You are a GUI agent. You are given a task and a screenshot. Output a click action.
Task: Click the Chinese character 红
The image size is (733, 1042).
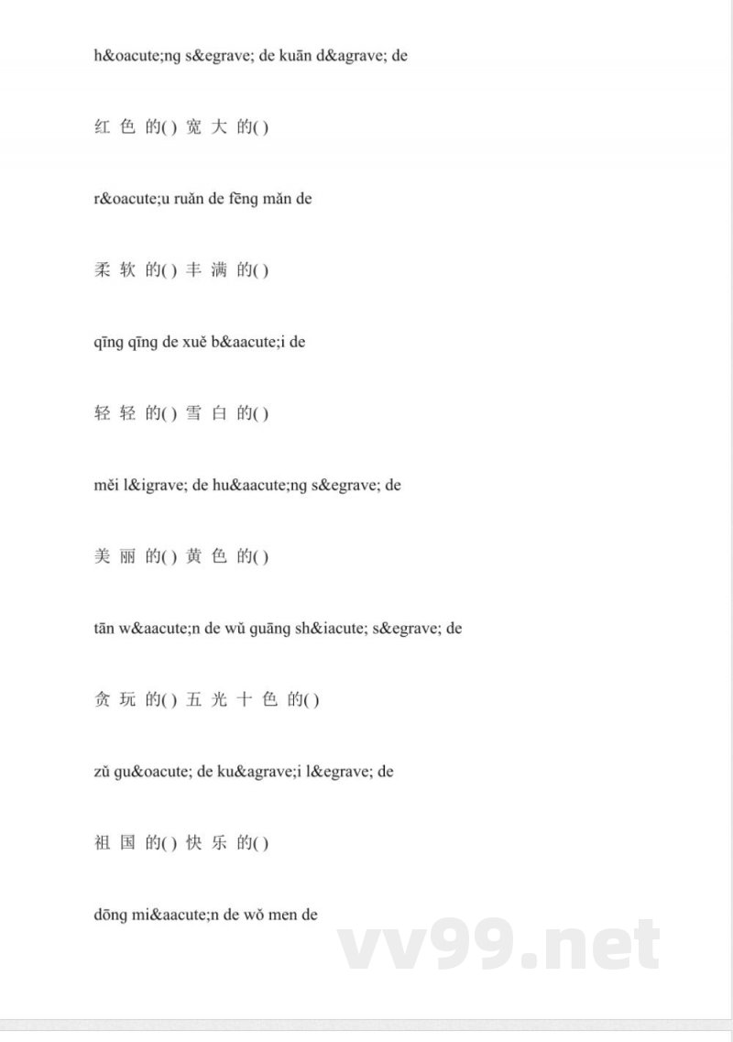point(102,127)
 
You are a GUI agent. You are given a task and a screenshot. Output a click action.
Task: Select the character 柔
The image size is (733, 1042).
point(102,270)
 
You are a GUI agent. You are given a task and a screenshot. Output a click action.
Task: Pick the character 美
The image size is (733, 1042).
point(102,556)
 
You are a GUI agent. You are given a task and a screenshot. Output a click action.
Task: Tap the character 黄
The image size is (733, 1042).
point(194,556)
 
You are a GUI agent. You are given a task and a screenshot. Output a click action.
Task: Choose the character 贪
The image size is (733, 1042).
point(102,699)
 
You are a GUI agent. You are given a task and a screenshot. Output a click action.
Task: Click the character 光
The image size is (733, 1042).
point(219,699)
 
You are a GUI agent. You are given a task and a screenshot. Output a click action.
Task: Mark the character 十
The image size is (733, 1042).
point(245,699)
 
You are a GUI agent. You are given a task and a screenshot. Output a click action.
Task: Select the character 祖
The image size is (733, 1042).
point(102,842)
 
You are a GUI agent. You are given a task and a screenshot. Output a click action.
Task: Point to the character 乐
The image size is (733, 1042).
point(219,842)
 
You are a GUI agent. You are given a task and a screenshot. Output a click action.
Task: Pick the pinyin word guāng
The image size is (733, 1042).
point(234,628)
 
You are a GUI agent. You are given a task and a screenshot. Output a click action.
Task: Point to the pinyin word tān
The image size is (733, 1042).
point(101,628)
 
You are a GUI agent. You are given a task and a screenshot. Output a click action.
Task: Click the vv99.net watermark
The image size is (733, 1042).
point(498,944)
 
